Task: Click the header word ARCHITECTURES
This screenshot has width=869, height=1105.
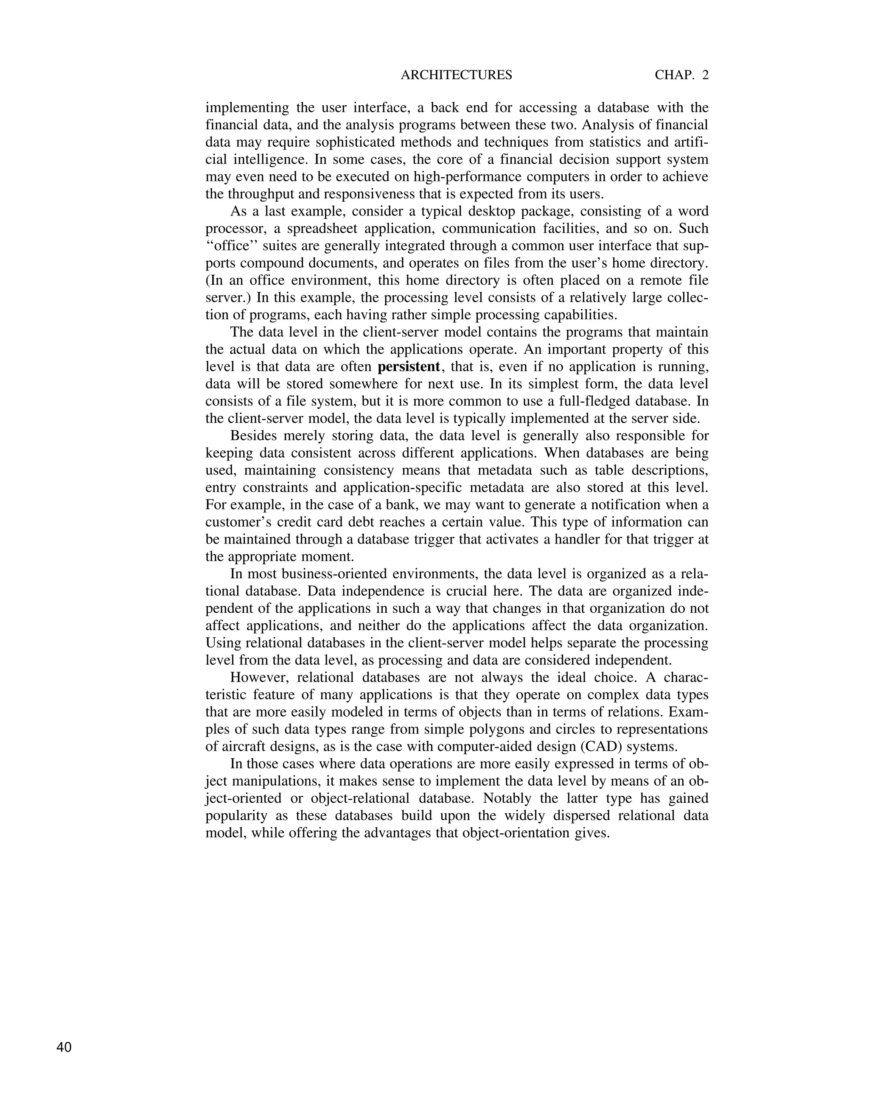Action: (457, 75)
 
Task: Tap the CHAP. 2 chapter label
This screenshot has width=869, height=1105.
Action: (681, 75)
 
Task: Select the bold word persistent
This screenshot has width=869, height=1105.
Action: (409, 367)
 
